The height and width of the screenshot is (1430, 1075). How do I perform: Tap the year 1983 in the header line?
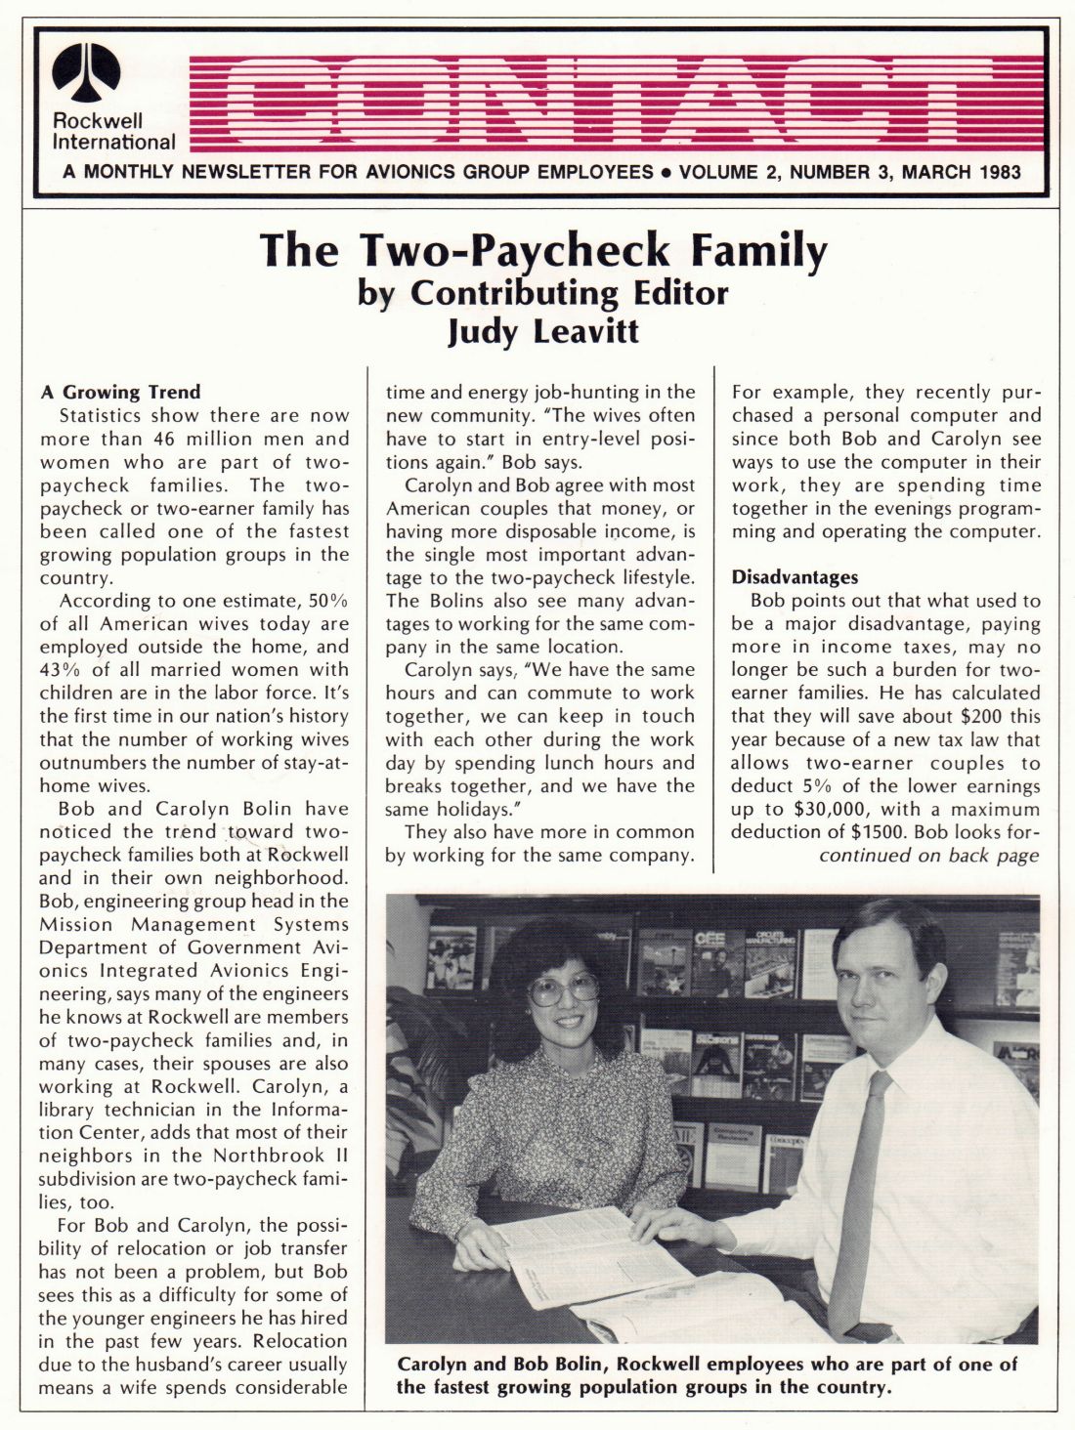click(998, 173)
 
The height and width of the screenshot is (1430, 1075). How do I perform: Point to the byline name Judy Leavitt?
click(542, 331)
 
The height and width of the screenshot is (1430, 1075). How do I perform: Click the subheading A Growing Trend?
click(120, 393)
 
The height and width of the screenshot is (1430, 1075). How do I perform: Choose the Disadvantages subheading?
click(795, 577)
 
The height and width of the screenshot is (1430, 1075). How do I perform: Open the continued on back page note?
click(928, 856)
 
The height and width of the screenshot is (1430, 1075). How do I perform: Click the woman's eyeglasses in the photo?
click(564, 988)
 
